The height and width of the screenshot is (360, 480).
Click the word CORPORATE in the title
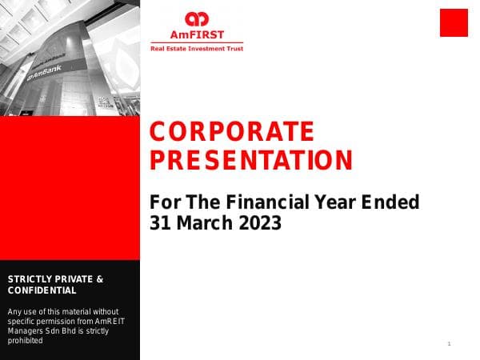click(x=232, y=131)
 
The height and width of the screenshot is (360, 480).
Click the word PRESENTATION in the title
click(x=251, y=160)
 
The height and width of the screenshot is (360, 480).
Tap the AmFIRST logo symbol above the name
click(x=196, y=19)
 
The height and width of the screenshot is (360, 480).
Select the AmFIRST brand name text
click(x=197, y=35)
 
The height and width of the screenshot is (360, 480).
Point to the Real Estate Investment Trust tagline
click(x=197, y=49)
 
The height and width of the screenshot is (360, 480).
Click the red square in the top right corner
click(x=454, y=22)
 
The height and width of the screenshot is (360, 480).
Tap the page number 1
click(x=450, y=344)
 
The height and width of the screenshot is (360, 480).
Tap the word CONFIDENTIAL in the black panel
click(x=42, y=290)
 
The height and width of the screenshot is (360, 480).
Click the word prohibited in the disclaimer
click(x=25, y=340)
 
